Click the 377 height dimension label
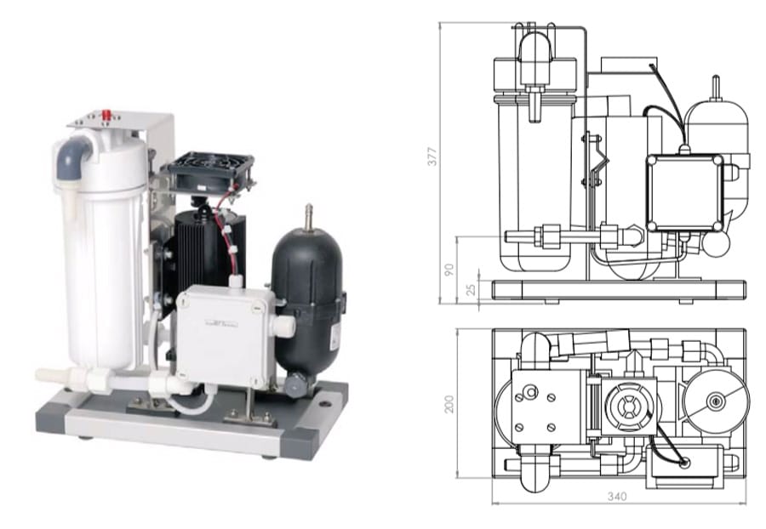coord(432,156)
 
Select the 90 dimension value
coord(449,270)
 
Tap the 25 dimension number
coord(471,289)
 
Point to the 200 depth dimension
coord(449,404)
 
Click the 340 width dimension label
coord(617,497)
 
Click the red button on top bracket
coord(105,115)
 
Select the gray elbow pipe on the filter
coord(72,156)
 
